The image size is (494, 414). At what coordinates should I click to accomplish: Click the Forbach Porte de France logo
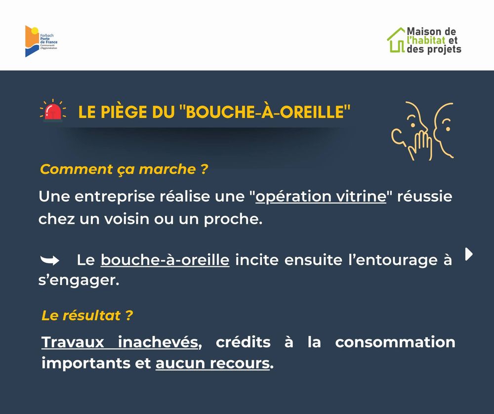click(x=41, y=41)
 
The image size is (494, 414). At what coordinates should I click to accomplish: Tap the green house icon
click(x=396, y=40)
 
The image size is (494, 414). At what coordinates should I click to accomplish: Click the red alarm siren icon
click(x=53, y=111)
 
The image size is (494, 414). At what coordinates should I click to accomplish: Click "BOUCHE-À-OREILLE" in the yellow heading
click(x=265, y=112)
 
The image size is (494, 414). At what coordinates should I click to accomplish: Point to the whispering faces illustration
click(x=422, y=130)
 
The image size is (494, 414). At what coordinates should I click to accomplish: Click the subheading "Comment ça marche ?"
click(x=124, y=169)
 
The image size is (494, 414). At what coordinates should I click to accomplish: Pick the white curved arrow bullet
click(x=50, y=260)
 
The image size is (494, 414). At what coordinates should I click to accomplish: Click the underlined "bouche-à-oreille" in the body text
click(x=165, y=260)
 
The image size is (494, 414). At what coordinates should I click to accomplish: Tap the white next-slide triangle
click(x=469, y=254)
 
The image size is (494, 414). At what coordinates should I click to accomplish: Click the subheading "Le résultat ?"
click(x=87, y=315)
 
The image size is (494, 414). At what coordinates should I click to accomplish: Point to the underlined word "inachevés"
click(x=158, y=342)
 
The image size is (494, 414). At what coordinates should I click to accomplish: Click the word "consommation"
click(x=395, y=342)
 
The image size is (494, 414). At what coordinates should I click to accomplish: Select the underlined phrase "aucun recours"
click(x=212, y=363)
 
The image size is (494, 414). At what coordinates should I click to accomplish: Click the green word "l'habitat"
click(x=426, y=41)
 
